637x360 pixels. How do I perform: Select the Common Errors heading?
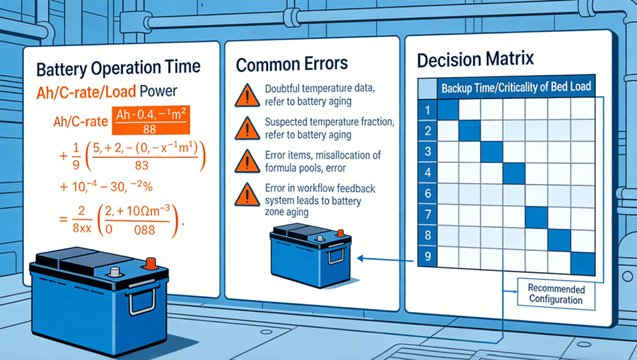pos(292,64)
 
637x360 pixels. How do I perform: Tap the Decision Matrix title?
pos(475,60)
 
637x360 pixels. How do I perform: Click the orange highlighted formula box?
pos(151,120)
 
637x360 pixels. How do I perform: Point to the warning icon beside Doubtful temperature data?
pos(247,96)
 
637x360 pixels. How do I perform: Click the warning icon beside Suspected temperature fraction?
pos(247,128)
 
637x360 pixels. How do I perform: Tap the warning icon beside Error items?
pos(247,161)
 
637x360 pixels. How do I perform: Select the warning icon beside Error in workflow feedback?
pos(247,195)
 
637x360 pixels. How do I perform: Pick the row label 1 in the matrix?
pos(427,110)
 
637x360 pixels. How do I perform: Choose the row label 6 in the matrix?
pos(427,193)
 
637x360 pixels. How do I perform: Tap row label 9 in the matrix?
pos(427,257)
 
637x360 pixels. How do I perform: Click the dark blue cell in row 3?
pos(491,152)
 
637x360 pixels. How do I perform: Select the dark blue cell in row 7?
pos(536,217)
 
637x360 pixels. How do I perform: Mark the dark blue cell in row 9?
pos(583,264)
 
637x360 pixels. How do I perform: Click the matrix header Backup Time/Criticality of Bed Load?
pos(516,87)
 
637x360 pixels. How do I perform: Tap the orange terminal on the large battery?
pos(151,264)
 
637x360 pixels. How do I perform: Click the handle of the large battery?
pos(142,300)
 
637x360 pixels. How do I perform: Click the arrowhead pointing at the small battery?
pos(361,258)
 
